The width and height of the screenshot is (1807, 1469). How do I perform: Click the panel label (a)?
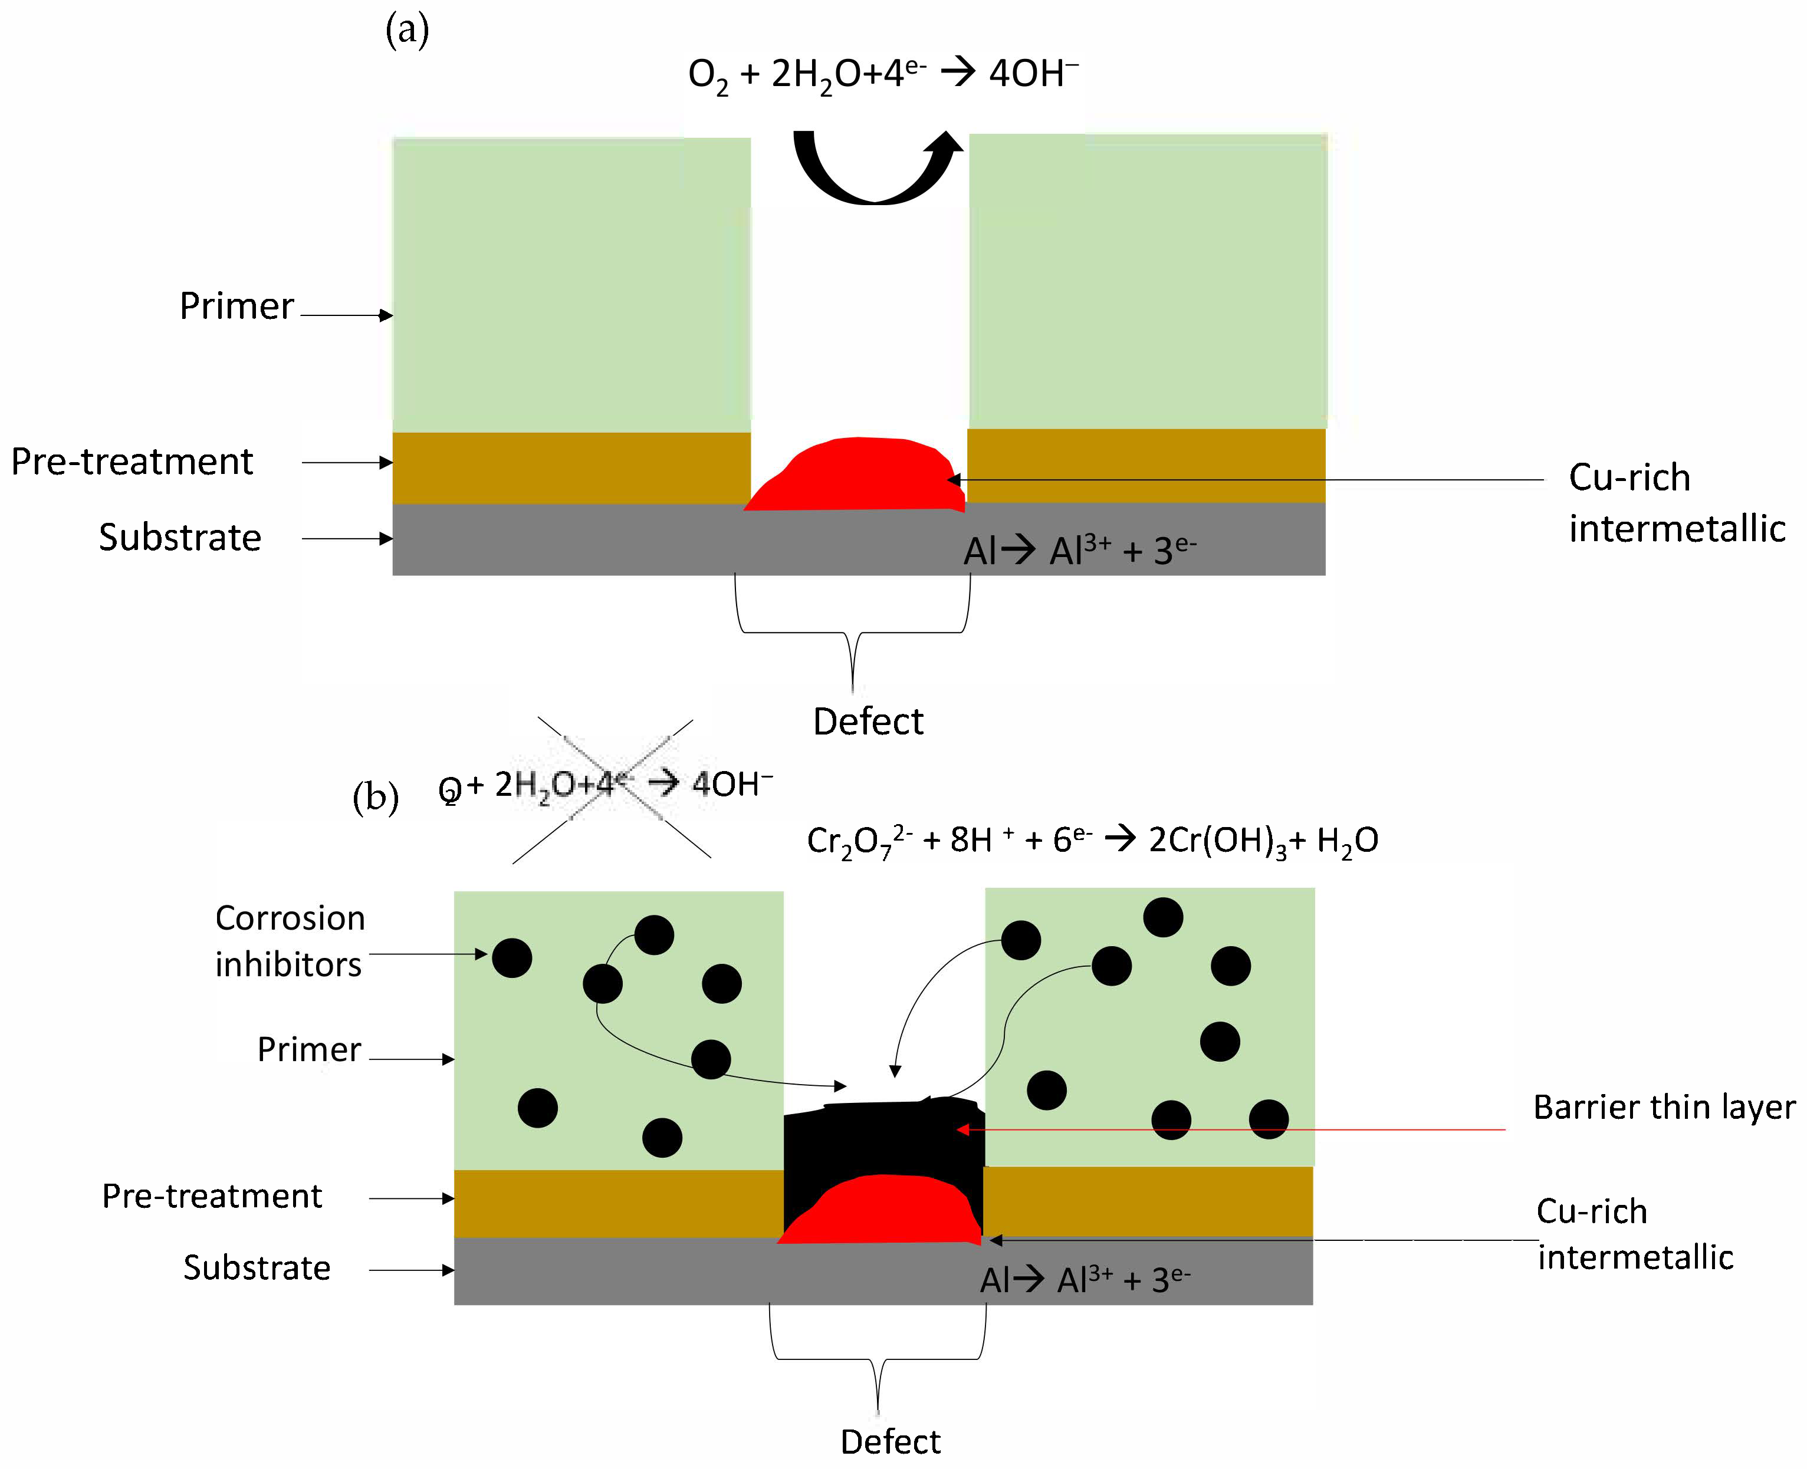[407, 31]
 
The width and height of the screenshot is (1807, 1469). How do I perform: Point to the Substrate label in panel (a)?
[179, 538]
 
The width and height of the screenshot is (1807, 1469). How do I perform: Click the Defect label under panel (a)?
[868, 722]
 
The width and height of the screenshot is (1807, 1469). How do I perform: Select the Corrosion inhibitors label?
[290, 941]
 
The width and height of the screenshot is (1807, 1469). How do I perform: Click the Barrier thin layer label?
[1663, 1107]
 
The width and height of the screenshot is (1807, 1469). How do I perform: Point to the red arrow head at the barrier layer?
[961, 1129]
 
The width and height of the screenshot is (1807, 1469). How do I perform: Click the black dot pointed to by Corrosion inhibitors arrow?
[512, 958]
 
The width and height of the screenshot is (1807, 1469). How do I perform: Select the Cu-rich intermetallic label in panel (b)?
[1634, 1234]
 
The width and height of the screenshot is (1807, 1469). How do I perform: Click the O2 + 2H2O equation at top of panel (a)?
[883, 74]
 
